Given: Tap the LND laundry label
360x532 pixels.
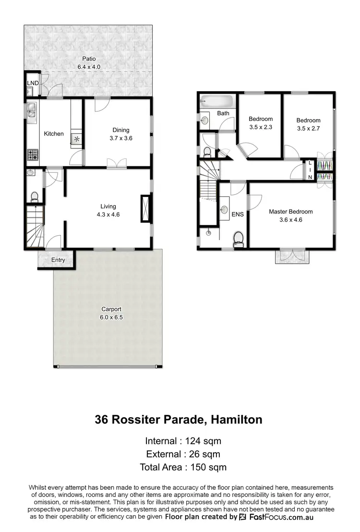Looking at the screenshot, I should (33, 83).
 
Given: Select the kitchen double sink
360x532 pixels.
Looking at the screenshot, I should (32, 110).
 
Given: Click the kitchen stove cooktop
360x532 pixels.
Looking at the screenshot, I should (33, 155).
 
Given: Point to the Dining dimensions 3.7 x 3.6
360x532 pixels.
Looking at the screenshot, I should (121, 138).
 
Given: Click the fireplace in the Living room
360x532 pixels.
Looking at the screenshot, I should (145, 209).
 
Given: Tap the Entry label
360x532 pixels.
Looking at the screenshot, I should (58, 260).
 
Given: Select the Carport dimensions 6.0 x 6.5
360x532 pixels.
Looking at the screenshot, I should (108, 317).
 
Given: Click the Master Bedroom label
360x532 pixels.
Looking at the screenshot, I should (290, 211).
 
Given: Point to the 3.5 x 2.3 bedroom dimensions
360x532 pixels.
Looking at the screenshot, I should (261, 127).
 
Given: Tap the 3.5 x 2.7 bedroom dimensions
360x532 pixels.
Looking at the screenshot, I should (308, 128).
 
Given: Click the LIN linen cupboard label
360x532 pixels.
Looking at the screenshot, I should (310, 170).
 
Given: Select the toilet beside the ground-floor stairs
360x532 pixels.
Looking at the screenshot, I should (35, 196).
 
